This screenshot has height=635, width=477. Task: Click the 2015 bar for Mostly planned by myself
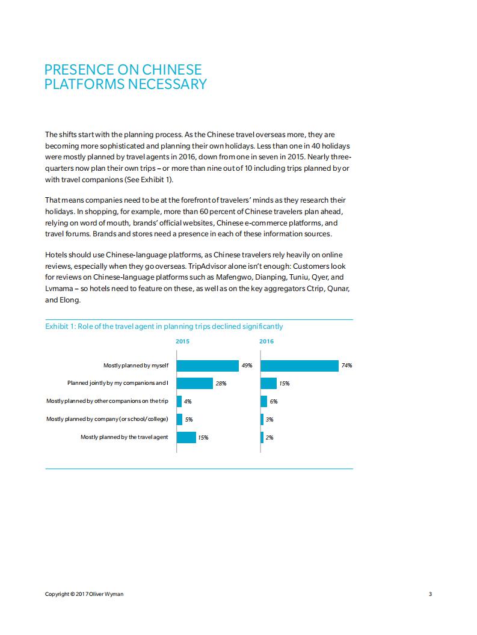click(x=208, y=366)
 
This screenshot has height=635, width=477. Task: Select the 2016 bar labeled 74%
click(x=300, y=366)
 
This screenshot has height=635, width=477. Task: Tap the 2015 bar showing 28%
click(x=195, y=384)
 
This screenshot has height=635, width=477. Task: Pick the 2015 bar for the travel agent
click(x=186, y=437)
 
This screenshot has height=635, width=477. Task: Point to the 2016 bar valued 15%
click(x=268, y=384)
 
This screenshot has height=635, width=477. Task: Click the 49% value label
click(x=247, y=366)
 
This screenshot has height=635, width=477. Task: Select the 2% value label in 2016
click(x=269, y=438)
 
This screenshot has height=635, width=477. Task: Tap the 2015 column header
click(x=182, y=342)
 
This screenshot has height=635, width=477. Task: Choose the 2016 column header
click(x=266, y=342)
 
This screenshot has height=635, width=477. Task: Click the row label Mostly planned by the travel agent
click(x=124, y=437)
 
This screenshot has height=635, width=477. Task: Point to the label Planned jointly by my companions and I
click(x=117, y=383)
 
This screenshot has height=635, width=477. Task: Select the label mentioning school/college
click(x=107, y=419)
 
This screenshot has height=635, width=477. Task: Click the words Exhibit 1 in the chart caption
click(x=60, y=327)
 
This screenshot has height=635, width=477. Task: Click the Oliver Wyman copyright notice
click(x=85, y=594)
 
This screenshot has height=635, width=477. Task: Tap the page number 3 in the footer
click(x=430, y=594)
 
